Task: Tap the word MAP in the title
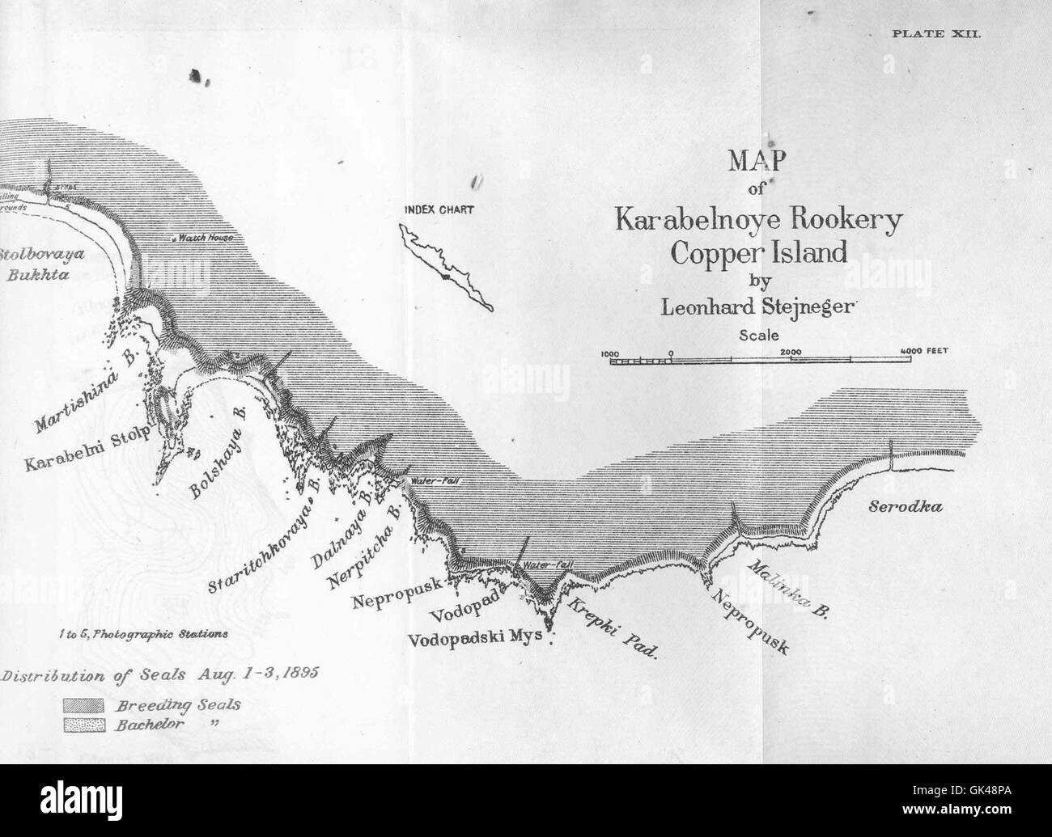click(757, 162)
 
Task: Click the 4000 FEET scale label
click(923, 351)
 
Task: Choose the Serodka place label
click(906, 507)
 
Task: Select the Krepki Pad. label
click(611, 628)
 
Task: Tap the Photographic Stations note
click(142, 635)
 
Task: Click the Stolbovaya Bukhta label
click(44, 263)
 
